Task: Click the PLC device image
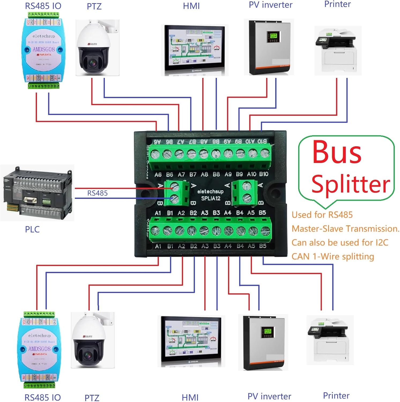coord(38,193)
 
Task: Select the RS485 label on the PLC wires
coord(97,193)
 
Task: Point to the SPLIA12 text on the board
coord(211,199)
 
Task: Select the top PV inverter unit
coord(270,47)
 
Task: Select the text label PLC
coord(32,229)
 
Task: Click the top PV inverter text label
coord(271,5)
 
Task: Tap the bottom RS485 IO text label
coord(43,397)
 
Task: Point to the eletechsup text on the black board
coord(210,191)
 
